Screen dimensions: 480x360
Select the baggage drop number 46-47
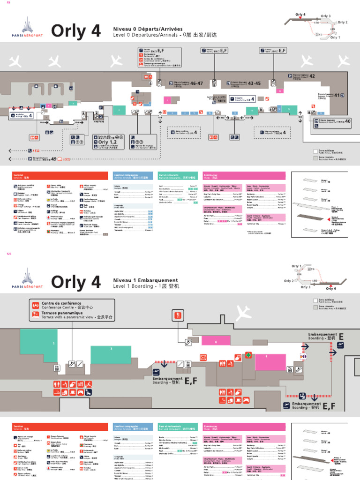click(x=196, y=83)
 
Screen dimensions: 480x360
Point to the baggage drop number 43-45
click(x=254, y=83)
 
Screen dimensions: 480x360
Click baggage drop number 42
click(x=312, y=76)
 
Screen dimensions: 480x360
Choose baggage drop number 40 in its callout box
click(x=347, y=121)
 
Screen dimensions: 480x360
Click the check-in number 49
click(x=53, y=159)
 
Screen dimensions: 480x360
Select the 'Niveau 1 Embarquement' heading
click(x=146, y=280)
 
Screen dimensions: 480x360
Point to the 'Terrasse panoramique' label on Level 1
click(x=62, y=313)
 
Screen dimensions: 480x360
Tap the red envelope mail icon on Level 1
click(x=203, y=358)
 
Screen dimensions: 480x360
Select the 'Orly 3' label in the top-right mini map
click(x=325, y=16)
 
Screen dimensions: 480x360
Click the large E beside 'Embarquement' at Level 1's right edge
click(x=341, y=337)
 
